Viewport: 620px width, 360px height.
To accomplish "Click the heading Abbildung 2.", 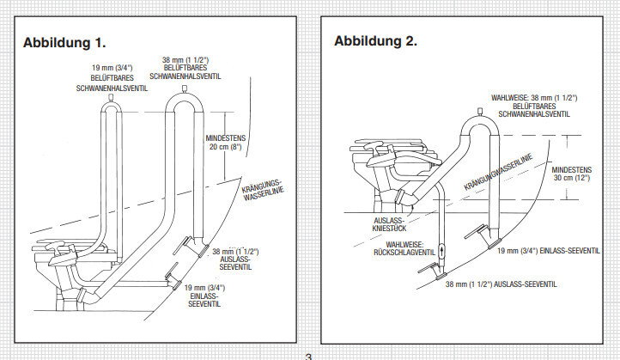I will click(375, 40).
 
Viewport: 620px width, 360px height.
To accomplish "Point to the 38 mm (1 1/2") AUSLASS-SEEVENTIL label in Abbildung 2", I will click(501, 283).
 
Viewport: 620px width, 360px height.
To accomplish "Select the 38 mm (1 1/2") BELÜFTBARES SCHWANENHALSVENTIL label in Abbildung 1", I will click(186, 69).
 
